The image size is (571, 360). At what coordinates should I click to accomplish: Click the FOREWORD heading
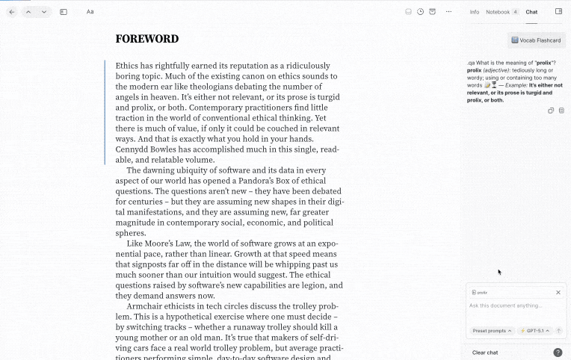pyautogui.click(x=147, y=39)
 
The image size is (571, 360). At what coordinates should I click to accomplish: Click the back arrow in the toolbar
pyautogui.click(x=12, y=12)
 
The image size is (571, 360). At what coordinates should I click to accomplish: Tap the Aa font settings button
pyautogui.click(x=90, y=12)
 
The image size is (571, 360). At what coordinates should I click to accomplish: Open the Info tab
pyautogui.click(x=475, y=12)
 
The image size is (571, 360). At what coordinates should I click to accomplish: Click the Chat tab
pyautogui.click(x=531, y=12)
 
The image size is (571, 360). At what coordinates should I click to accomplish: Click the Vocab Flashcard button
pyautogui.click(x=537, y=40)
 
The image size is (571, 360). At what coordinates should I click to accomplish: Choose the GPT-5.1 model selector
pyautogui.click(x=534, y=330)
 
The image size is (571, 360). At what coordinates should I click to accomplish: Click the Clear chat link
pyautogui.click(x=485, y=353)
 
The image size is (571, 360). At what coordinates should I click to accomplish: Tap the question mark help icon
pyautogui.click(x=558, y=353)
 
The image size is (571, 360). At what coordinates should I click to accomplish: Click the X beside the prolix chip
pyautogui.click(x=558, y=293)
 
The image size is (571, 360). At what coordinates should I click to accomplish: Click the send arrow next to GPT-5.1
pyautogui.click(x=558, y=330)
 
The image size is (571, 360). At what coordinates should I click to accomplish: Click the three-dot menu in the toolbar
pyautogui.click(x=448, y=12)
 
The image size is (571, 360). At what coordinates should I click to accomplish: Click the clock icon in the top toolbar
pyautogui.click(x=421, y=12)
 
